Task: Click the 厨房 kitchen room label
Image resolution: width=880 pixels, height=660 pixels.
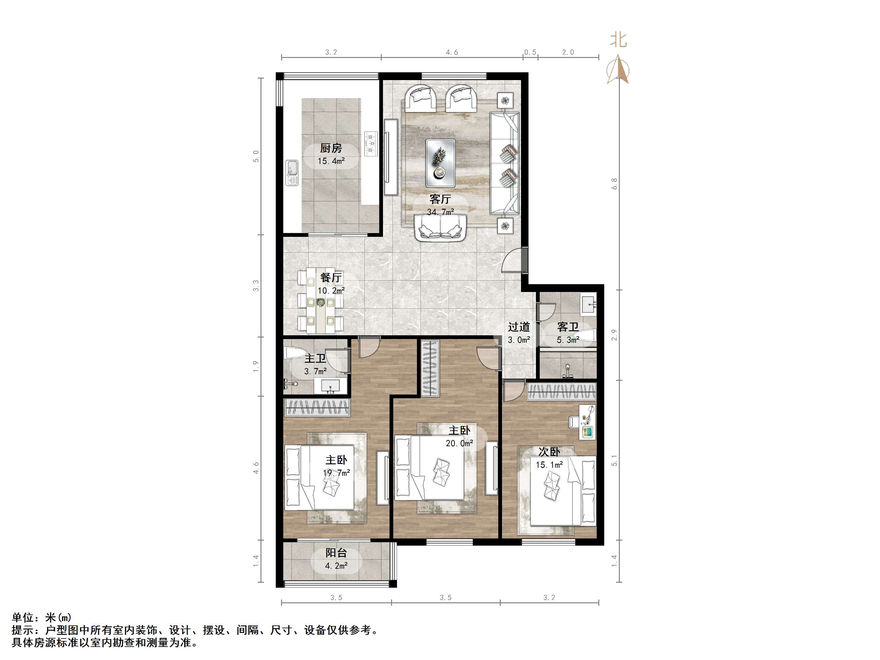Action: [x=331, y=148]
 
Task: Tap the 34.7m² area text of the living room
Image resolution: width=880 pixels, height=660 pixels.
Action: [x=440, y=212]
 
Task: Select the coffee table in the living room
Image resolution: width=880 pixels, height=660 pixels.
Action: [x=440, y=163]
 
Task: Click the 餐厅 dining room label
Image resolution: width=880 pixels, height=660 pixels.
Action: [x=331, y=277]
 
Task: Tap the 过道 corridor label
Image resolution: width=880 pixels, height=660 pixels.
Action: [x=519, y=327]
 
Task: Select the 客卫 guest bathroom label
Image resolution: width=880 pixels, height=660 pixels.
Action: [x=568, y=327]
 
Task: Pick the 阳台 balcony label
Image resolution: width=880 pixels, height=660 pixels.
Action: [x=336, y=552]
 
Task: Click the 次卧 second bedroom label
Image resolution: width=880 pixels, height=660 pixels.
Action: [x=549, y=452]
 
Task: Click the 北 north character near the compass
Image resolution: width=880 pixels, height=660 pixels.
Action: [x=619, y=40]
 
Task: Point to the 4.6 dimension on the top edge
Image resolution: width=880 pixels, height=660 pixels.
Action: [x=452, y=52]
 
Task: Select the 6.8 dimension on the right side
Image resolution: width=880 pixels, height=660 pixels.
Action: [x=614, y=184]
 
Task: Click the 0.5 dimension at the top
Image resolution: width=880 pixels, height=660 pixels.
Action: [x=530, y=52]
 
